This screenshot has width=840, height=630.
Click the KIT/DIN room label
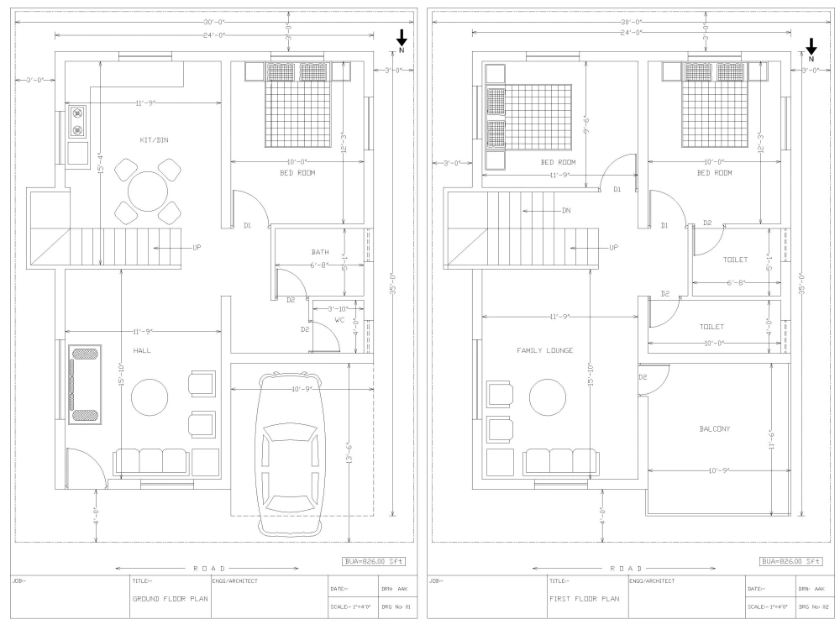[154, 140]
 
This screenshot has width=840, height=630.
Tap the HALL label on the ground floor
[141, 350]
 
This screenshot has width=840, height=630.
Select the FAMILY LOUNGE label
[544, 350]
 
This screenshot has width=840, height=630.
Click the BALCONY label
[715, 428]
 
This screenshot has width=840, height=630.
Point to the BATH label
[320, 252]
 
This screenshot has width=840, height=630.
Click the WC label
[340, 320]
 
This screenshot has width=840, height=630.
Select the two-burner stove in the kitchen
[78, 121]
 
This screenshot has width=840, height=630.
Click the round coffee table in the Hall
[149, 396]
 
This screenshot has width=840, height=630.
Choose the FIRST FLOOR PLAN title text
[584, 600]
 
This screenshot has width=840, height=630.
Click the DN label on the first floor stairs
[567, 211]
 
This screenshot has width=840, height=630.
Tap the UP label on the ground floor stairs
[196, 248]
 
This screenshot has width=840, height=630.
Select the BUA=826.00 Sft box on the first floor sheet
[790, 561]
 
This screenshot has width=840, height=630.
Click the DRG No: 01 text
[394, 606]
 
